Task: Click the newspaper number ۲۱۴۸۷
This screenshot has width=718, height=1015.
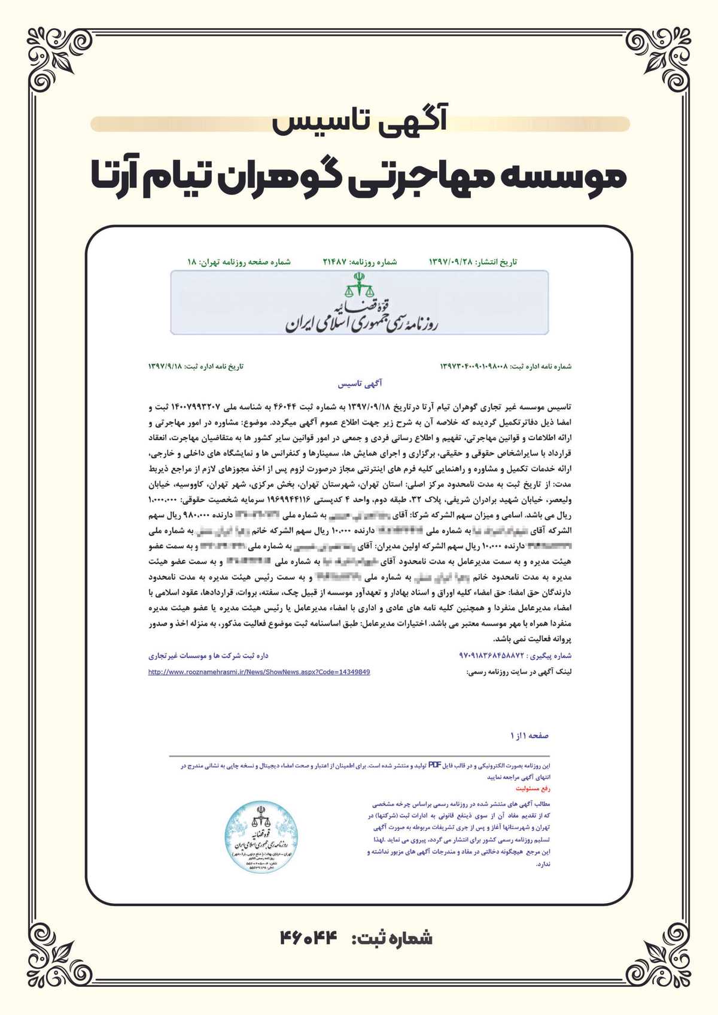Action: [335, 262]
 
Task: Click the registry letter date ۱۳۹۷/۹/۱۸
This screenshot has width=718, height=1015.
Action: [165, 366]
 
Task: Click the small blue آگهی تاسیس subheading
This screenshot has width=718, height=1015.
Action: [360, 383]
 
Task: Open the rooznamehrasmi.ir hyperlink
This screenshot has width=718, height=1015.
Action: [259, 672]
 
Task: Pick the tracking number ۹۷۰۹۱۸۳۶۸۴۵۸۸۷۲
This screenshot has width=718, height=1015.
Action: [491, 656]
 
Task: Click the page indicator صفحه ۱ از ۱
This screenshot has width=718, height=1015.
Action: [530, 735]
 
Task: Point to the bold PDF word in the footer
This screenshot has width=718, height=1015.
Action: [434, 765]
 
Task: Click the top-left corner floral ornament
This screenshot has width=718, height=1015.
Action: [57, 60]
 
